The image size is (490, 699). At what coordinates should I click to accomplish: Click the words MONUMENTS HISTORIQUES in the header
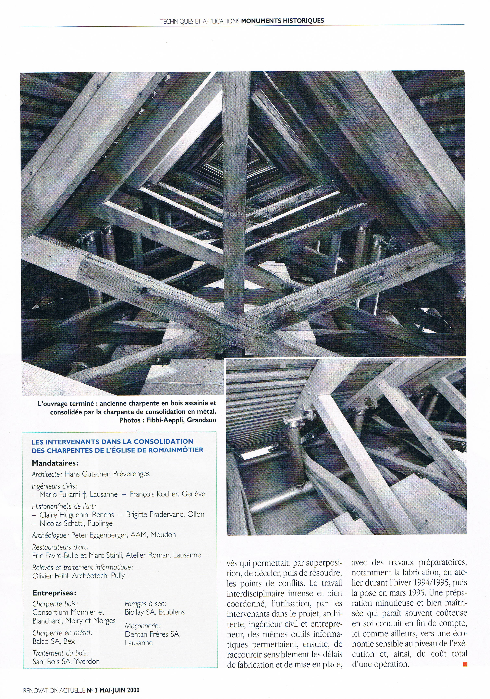click(x=282, y=21)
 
